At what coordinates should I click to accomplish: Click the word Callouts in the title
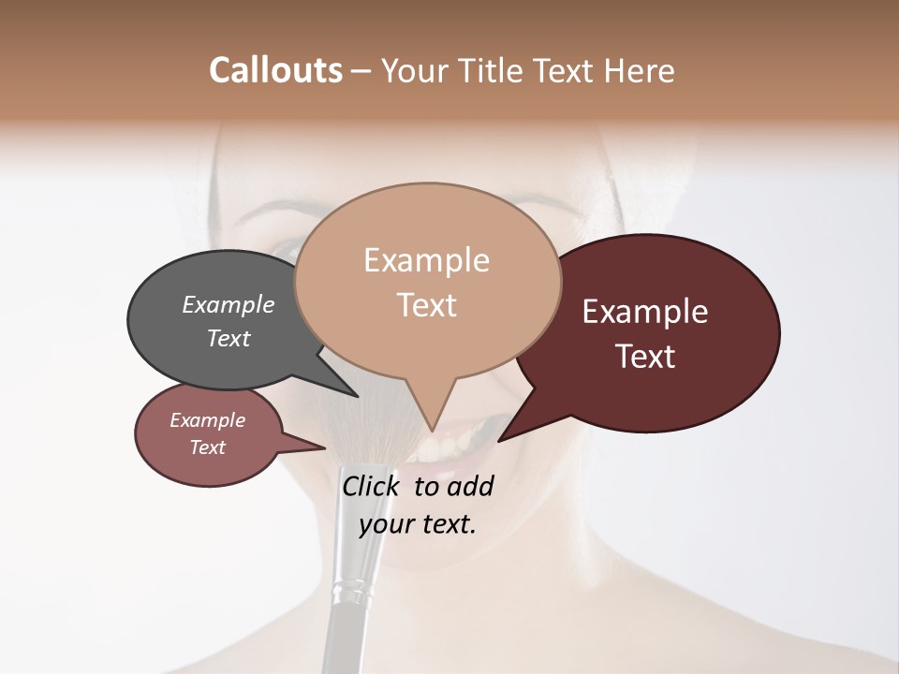point(275,70)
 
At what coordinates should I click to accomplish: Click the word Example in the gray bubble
point(228,305)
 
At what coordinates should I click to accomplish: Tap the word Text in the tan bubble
point(427,305)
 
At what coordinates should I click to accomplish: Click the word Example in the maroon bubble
point(645,312)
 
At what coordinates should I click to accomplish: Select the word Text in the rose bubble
point(208,447)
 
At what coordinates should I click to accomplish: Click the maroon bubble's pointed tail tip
point(500,440)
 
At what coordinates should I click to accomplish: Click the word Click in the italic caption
point(372,486)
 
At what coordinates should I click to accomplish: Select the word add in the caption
point(470,486)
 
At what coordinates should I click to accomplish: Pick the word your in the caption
point(385,524)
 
